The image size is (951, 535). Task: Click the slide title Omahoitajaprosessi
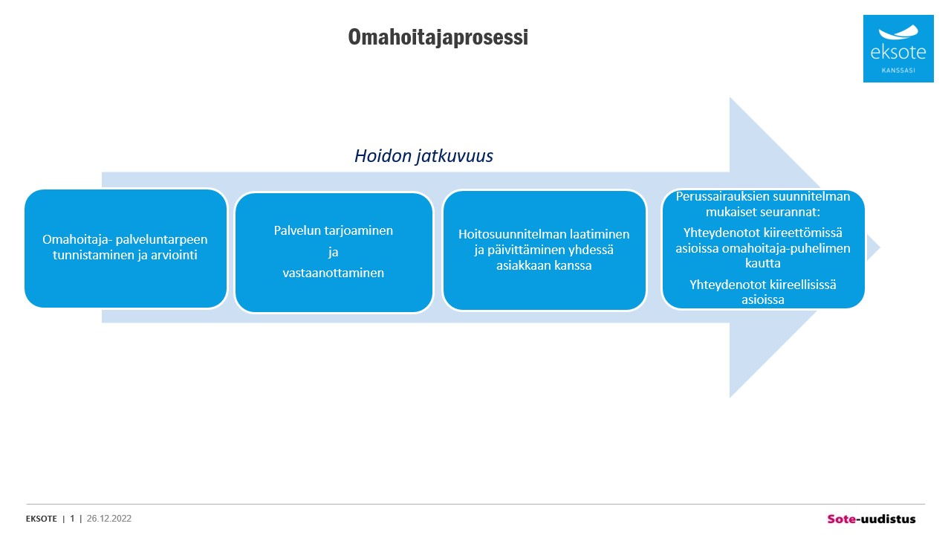438,37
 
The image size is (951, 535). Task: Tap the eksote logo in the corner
898,48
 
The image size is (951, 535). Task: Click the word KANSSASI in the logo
898,71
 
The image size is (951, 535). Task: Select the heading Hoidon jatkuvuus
423,156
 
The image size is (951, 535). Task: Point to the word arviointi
174,255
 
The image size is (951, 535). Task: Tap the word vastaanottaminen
334,273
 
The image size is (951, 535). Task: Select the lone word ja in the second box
334,252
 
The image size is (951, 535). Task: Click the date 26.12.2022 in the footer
109,519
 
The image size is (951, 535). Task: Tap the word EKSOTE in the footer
41,519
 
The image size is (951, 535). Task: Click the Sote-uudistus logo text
872,519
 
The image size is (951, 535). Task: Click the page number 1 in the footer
72,519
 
